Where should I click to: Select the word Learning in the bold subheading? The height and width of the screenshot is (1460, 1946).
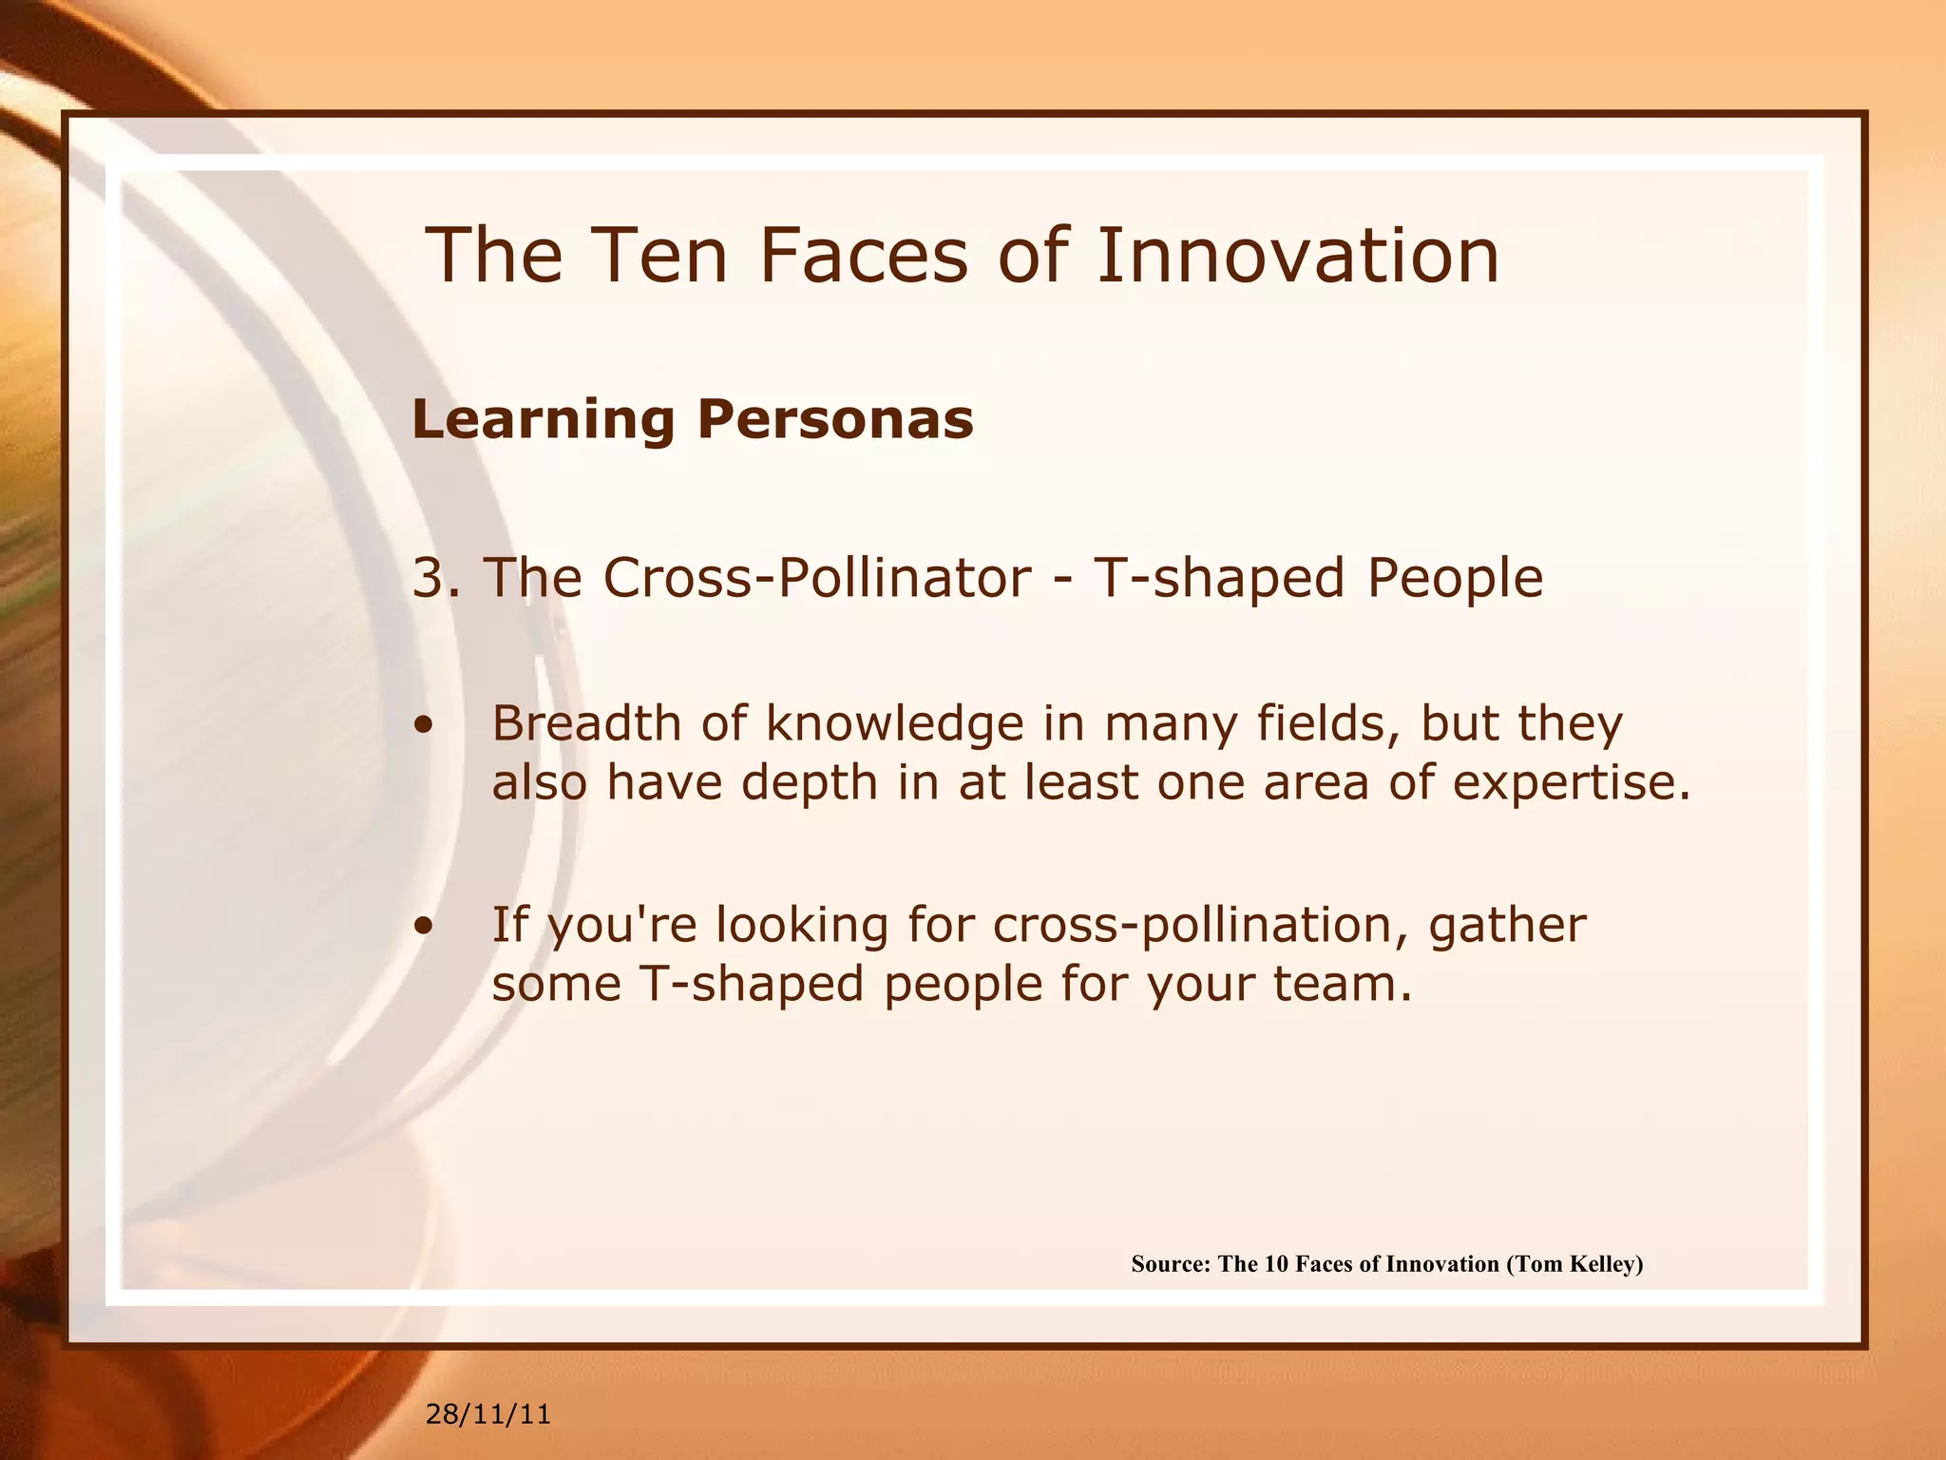point(543,420)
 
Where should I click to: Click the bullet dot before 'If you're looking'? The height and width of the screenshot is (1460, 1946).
point(424,926)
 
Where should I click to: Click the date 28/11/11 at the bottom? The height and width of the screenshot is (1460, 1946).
point(488,1414)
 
